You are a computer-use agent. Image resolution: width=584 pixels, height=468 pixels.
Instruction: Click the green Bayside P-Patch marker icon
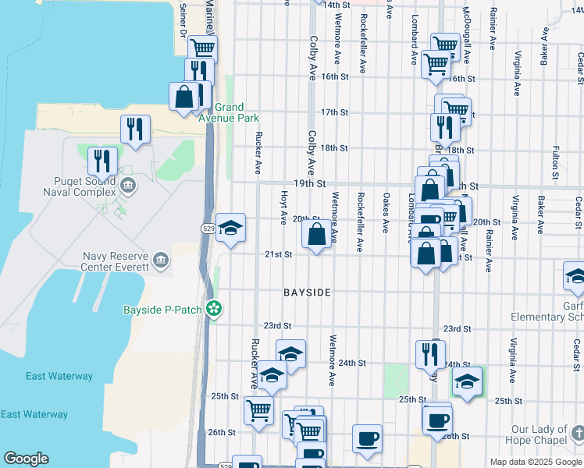[213, 310]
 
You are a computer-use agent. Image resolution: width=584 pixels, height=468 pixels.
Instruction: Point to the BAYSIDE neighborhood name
[307, 292]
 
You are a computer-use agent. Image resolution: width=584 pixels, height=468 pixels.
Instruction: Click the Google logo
[26, 459]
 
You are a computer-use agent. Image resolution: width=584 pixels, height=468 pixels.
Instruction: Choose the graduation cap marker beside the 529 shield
[230, 228]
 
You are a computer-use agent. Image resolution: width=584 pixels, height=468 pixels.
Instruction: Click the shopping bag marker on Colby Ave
[316, 234]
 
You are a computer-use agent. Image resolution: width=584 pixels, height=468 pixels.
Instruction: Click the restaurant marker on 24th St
[430, 354]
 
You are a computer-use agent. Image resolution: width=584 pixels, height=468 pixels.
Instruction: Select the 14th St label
[336, 5]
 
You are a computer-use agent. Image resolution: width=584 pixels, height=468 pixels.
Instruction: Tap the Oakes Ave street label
[386, 213]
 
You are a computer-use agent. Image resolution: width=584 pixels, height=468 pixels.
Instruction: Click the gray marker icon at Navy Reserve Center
[160, 259]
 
